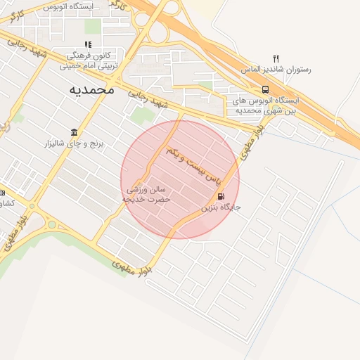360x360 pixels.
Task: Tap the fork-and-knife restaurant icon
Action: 276,59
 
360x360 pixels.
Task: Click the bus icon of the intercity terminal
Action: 265,89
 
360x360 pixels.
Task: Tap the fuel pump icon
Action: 222,196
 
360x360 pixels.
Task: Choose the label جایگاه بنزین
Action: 226,208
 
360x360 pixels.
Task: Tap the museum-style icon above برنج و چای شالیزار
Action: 74,132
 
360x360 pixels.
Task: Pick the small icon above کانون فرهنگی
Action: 88,44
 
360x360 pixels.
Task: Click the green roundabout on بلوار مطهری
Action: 51,226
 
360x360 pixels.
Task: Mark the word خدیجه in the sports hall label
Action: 134,200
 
